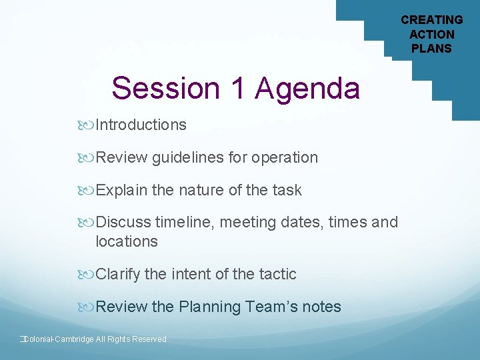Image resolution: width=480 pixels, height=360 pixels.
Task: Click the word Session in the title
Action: click(x=167, y=88)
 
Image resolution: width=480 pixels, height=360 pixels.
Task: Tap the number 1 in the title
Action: click(x=237, y=88)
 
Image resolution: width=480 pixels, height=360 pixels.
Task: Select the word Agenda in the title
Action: click(x=307, y=88)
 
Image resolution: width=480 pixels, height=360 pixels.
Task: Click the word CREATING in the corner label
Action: click(x=431, y=20)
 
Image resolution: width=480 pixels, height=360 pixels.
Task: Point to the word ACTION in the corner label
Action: click(x=431, y=34)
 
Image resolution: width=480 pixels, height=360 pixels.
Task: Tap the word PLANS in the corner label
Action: click(x=431, y=48)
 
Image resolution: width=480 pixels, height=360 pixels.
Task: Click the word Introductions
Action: click(x=141, y=125)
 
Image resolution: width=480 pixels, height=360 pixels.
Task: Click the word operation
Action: click(x=285, y=157)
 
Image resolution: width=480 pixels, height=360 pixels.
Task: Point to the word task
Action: click(x=287, y=190)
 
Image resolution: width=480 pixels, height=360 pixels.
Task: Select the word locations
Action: click(x=127, y=241)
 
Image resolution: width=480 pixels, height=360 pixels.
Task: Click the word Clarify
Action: click(x=119, y=274)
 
